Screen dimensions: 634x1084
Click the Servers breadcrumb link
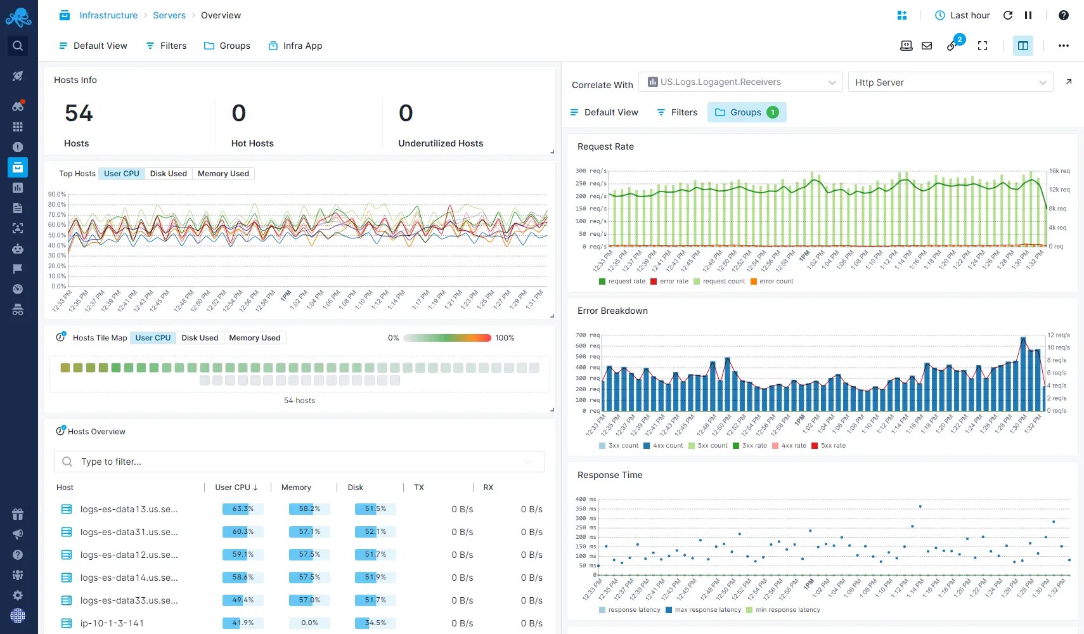(169, 15)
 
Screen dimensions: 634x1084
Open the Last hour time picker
(962, 15)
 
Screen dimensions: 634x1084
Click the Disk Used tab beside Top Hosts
(168, 174)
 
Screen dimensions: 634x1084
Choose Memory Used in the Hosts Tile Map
(254, 338)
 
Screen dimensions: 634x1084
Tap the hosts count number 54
(79, 113)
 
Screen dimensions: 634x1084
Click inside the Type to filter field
(298, 462)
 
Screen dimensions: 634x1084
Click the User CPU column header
(236, 488)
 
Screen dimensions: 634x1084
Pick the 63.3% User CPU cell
(242, 509)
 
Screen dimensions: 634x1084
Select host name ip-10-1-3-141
(112, 623)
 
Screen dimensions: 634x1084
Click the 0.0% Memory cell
(309, 623)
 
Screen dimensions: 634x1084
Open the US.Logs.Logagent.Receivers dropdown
(740, 82)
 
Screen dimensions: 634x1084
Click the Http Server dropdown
(950, 82)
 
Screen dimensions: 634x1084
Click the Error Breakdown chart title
(612, 311)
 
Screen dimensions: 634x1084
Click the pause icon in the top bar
(1028, 15)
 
